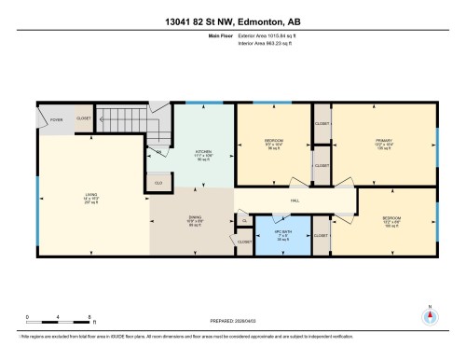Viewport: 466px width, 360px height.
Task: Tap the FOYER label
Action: coord(56,119)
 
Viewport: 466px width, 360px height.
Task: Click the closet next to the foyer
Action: coord(83,119)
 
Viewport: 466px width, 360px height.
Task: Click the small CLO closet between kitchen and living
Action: coord(158,182)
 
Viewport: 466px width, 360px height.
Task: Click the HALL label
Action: coord(295,200)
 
